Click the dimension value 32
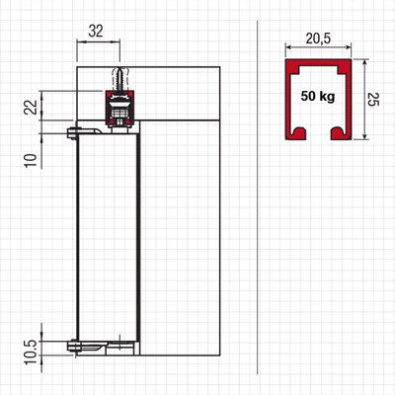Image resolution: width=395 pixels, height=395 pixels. click(x=96, y=31)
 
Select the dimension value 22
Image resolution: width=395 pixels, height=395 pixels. click(x=32, y=107)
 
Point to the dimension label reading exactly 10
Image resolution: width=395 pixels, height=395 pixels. click(x=32, y=160)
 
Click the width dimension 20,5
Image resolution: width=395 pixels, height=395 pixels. click(x=318, y=39)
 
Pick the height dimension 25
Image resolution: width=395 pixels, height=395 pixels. click(x=373, y=99)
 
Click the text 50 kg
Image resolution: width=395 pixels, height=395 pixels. click(x=318, y=97)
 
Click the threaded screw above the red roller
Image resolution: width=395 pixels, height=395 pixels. click(x=119, y=78)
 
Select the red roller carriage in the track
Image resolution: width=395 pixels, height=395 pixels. click(x=119, y=108)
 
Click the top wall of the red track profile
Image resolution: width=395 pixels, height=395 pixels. click(x=319, y=63)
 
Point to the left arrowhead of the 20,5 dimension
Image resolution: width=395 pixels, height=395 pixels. click(x=288, y=47)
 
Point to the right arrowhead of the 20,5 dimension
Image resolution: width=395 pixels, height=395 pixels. click(x=349, y=47)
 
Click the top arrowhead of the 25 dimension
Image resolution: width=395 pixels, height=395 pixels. click(x=364, y=62)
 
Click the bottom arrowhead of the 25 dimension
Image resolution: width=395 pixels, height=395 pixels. click(x=364, y=135)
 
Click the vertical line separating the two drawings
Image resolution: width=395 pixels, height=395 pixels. click(x=257, y=197)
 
